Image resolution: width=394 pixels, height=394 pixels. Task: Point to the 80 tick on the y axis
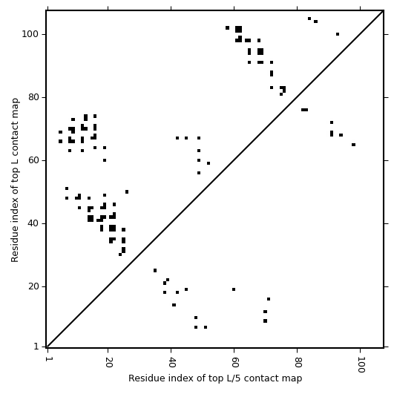click(33, 97)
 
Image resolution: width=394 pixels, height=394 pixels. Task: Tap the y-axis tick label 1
click(36, 347)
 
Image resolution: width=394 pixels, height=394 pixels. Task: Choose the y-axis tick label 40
click(33, 223)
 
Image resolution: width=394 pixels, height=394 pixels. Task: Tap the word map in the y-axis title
click(15, 105)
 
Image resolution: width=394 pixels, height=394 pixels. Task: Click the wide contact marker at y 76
click(304, 110)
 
